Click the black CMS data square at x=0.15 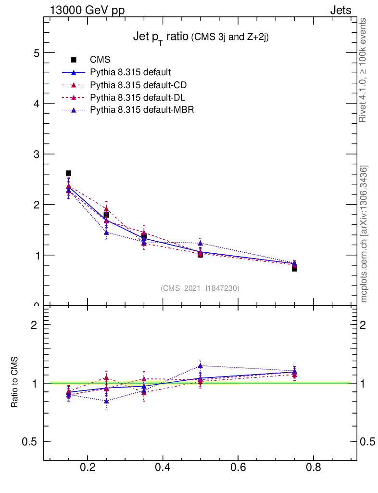pos(68,173)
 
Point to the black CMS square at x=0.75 pos(294,269)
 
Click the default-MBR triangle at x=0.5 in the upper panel pos(200,243)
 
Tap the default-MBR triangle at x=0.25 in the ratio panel pos(106,401)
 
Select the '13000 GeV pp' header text pos(87,10)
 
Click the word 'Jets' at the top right pos(340,10)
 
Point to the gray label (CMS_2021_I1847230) pos(200,288)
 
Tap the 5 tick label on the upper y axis pos(36,53)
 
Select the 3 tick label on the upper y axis pos(36,154)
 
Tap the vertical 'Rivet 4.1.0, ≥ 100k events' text pos(363,70)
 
